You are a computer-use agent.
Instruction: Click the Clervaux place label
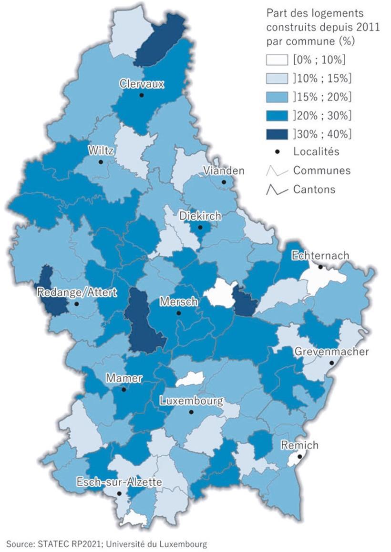pyautogui.click(x=142, y=84)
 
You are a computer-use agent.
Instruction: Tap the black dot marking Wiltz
pyautogui.click(x=101, y=162)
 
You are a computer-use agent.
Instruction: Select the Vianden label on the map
pyautogui.click(x=224, y=171)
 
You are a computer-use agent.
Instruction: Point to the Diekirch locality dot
pyautogui.click(x=201, y=228)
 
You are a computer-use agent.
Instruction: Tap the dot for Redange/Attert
pyautogui.click(x=77, y=303)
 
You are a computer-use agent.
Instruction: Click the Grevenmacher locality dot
pyautogui.click(x=331, y=363)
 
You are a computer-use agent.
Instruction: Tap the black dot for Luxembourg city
pyautogui.click(x=191, y=412)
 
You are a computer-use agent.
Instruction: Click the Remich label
pyautogui.click(x=299, y=445)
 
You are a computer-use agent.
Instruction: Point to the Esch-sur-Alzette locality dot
pyautogui.click(x=119, y=493)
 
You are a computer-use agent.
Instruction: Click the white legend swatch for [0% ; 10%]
pyautogui.click(x=277, y=60)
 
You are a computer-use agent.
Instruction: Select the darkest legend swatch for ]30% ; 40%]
pyautogui.click(x=277, y=134)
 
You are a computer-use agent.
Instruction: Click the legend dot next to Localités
pyautogui.click(x=277, y=152)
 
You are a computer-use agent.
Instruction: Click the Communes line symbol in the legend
pyautogui.click(x=277, y=171)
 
